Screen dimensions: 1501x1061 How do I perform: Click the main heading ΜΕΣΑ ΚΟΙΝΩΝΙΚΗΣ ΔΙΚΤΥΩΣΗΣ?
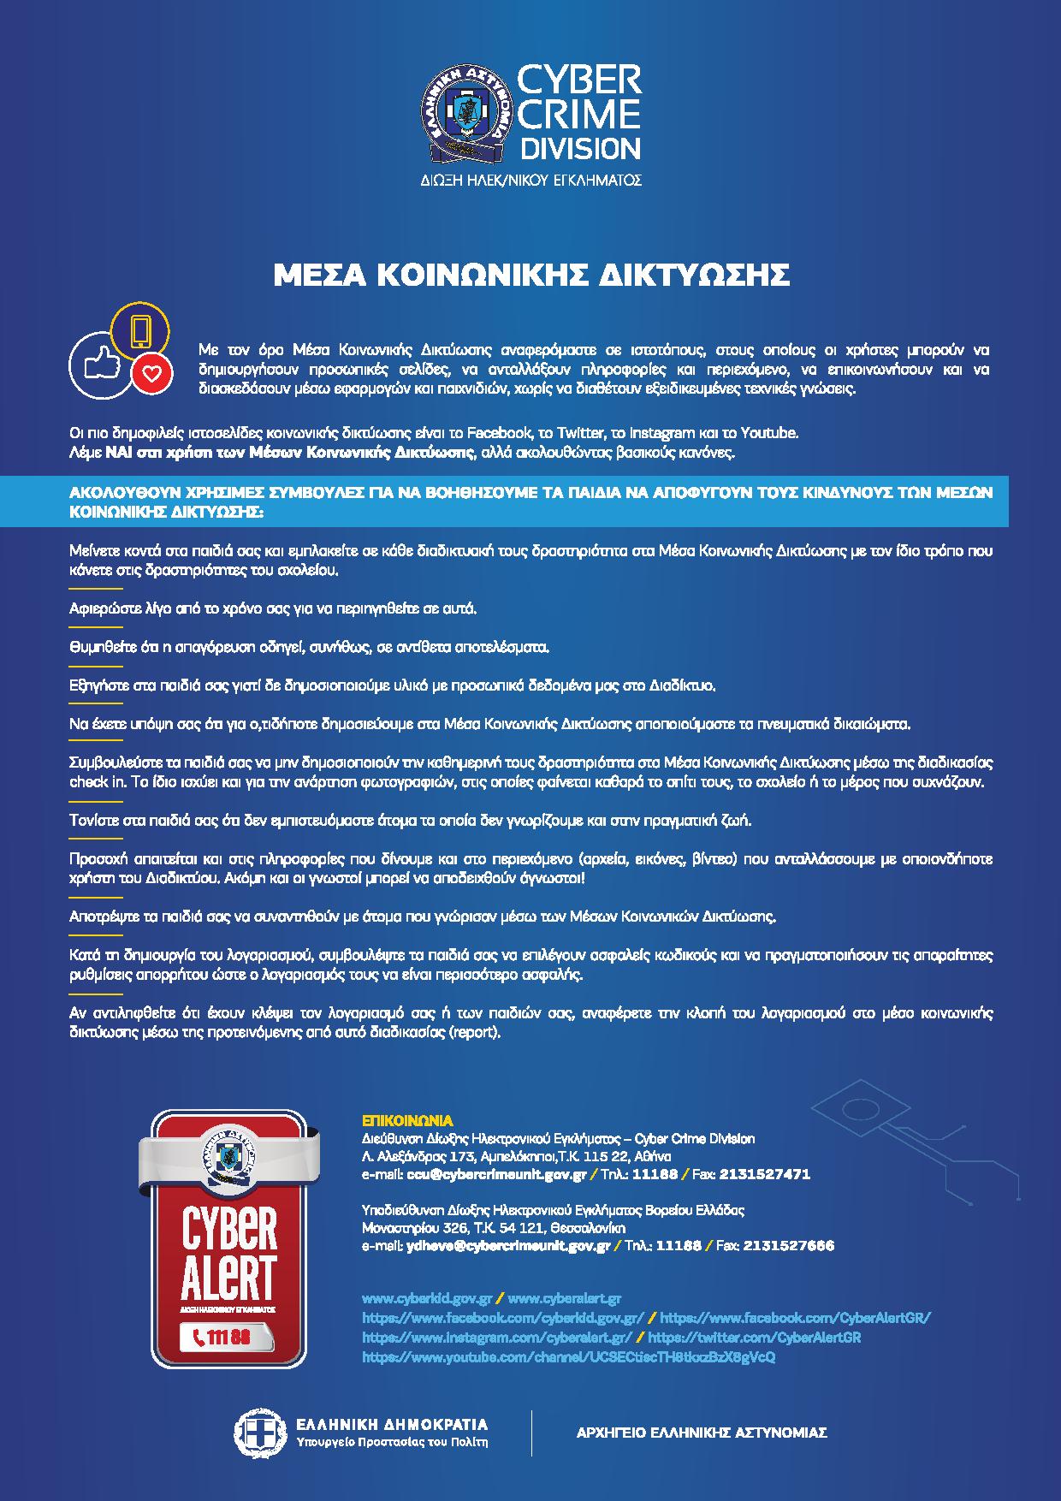tap(530, 275)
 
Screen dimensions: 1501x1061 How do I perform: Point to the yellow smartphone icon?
tap(141, 330)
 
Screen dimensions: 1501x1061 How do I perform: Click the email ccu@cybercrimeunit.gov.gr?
tap(496, 1174)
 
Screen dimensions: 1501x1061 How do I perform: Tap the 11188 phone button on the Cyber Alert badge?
tap(224, 1338)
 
